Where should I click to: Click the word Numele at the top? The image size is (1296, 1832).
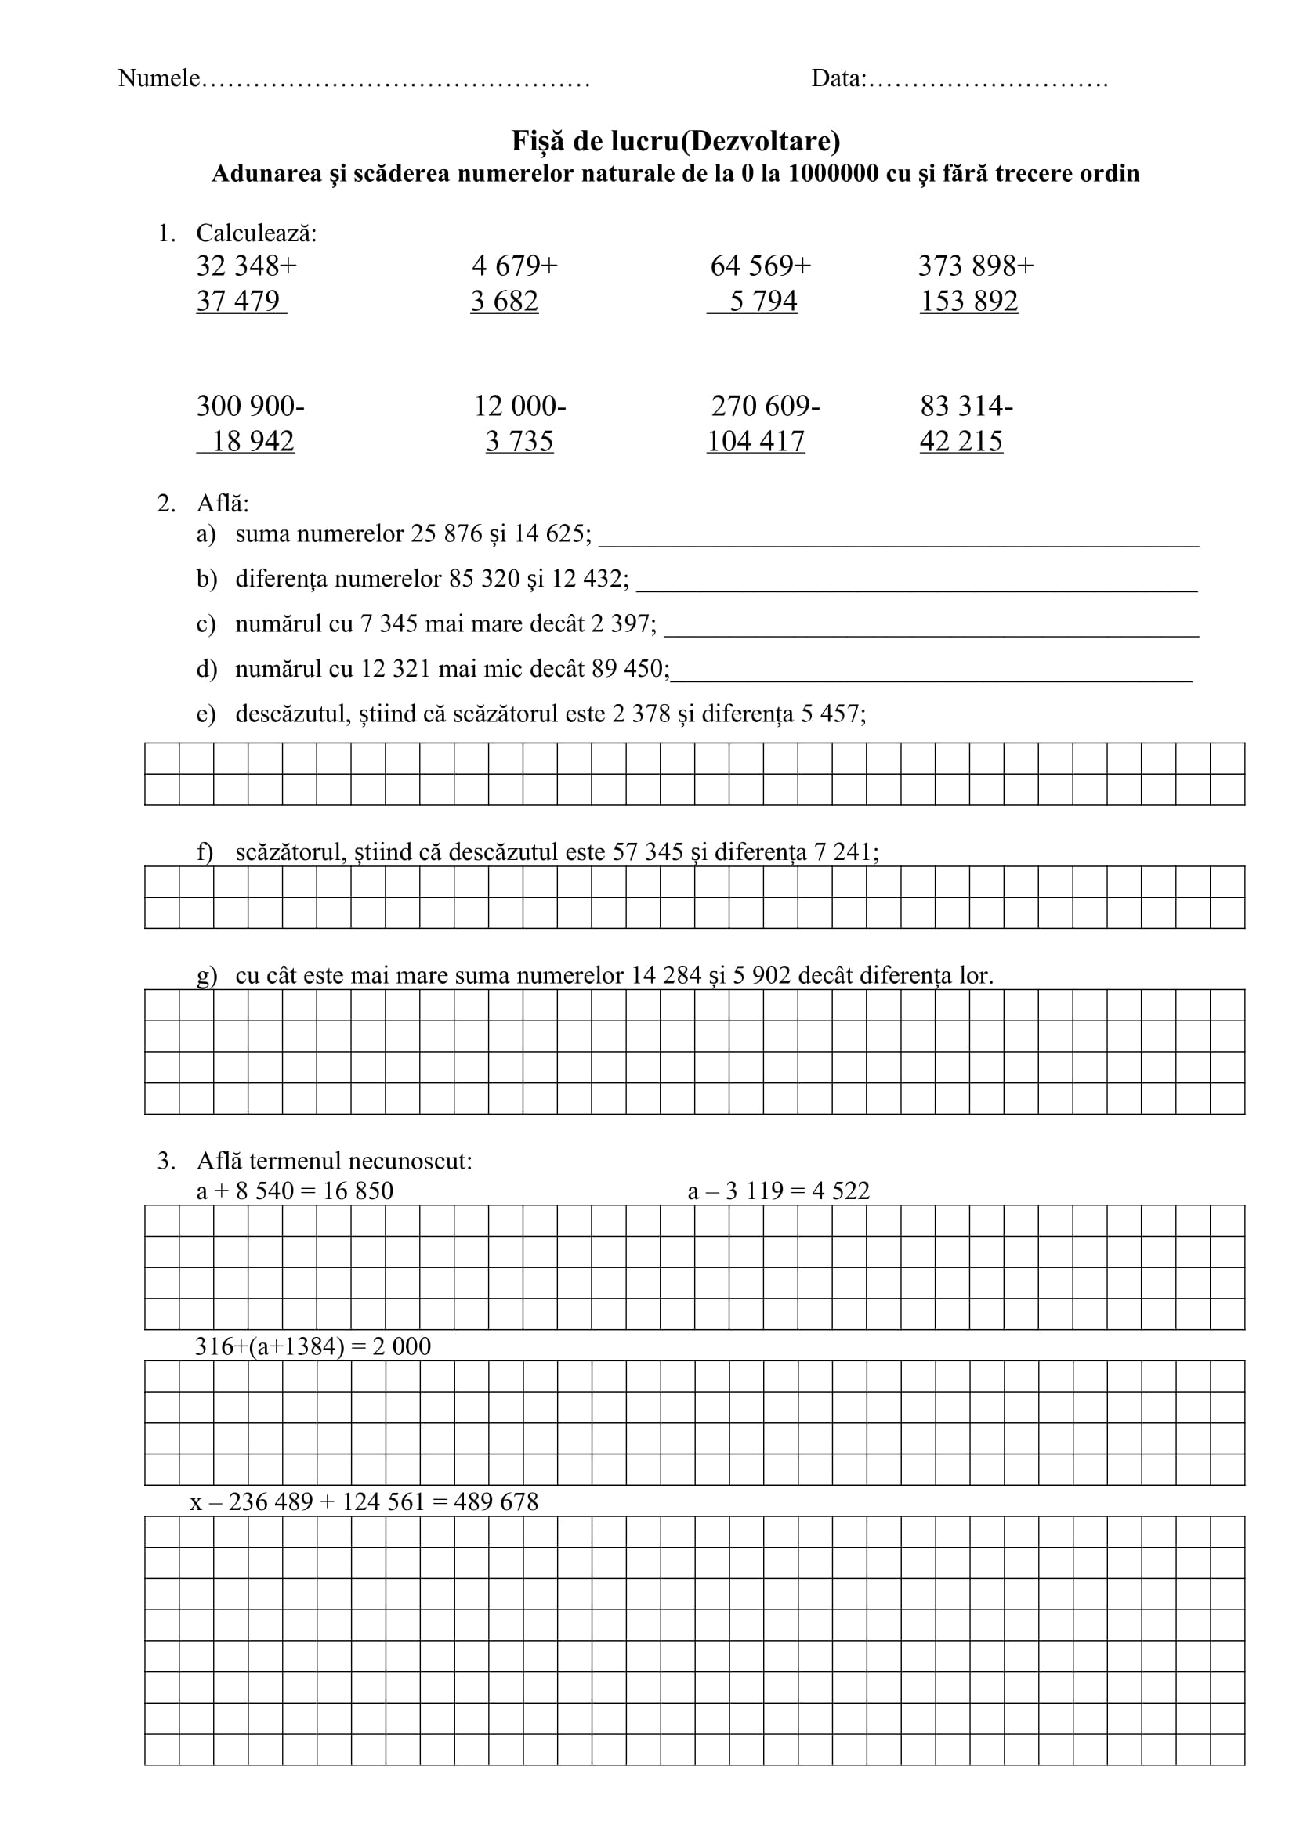coord(159,78)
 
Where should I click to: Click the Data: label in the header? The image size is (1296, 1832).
coord(838,78)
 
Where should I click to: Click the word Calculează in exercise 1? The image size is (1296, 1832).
coord(256,233)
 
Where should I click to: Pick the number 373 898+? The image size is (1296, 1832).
coord(976,266)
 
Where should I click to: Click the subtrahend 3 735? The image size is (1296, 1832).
coord(519,441)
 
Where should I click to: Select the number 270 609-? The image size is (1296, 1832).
coord(766,407)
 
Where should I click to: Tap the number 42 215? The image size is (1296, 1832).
coord(961,441)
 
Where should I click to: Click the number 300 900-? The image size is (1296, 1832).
coord(250,407)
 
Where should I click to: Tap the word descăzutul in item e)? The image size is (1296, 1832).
coord(293,714)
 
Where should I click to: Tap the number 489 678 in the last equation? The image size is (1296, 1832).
coord(495,1502)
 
